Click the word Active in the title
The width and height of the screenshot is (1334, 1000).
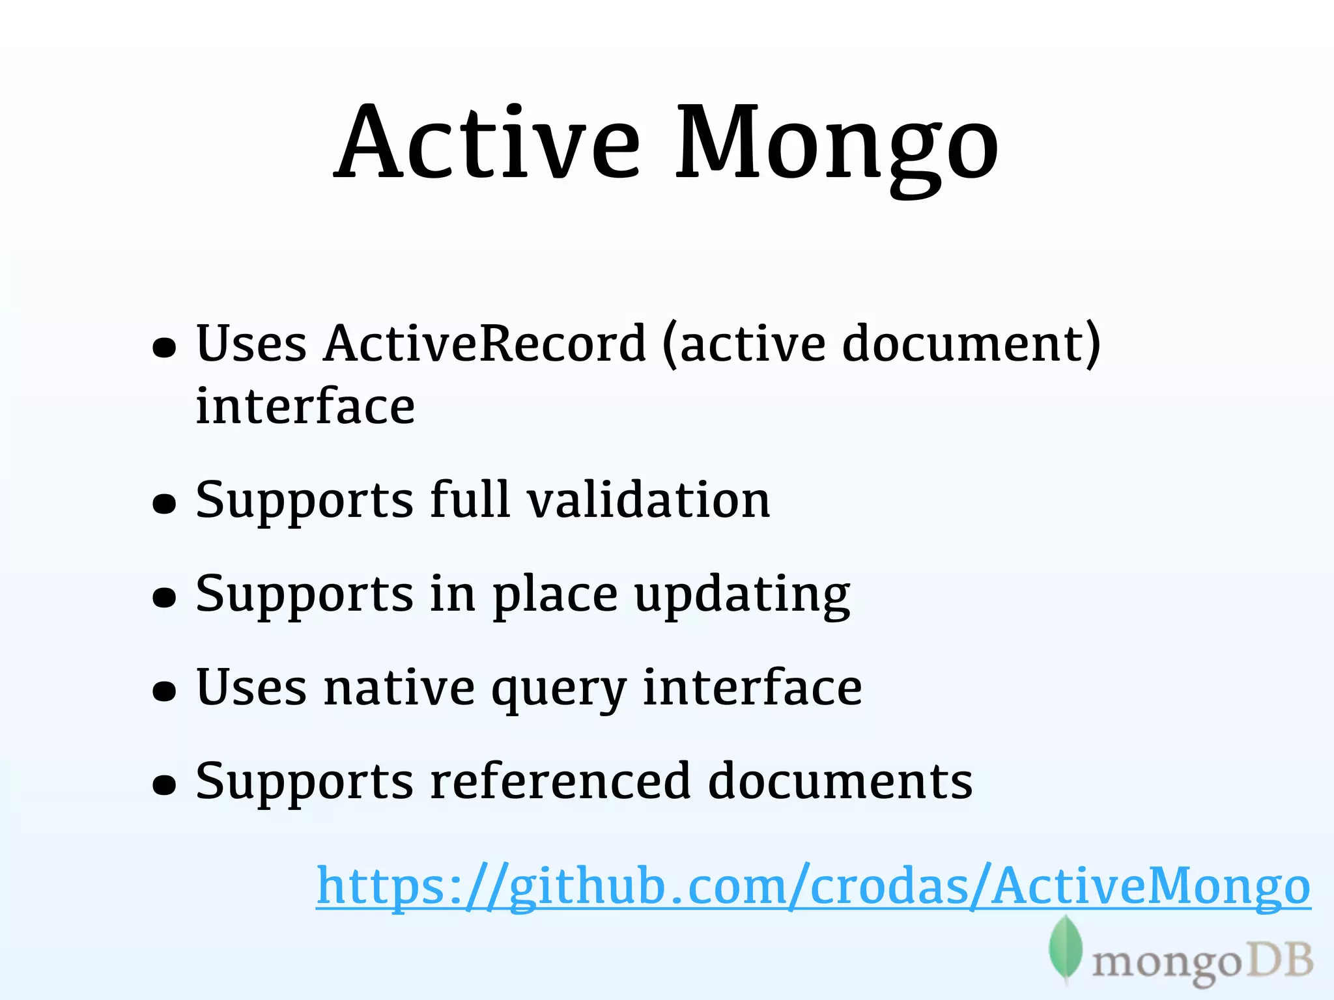coord(487,143)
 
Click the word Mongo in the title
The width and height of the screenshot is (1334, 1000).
coord(836,146)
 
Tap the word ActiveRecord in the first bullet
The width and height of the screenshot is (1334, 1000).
coord(485,344)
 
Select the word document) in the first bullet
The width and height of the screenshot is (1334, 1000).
coord(971,344)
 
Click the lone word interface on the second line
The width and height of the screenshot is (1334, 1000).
coord(305,407)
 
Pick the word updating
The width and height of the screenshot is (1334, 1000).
coord(743,596)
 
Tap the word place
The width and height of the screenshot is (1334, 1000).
coord(555,596)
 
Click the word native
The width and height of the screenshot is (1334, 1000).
coord(399,689)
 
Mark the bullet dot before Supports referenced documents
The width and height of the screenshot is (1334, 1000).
coord(164,785)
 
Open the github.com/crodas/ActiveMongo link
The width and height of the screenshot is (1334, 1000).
coord(813,887)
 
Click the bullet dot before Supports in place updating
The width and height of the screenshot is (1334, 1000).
coord(164,597)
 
